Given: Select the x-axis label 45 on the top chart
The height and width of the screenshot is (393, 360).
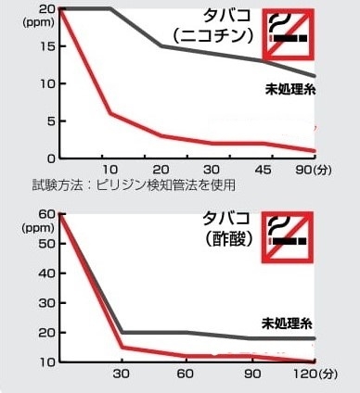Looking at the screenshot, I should pos(266,170).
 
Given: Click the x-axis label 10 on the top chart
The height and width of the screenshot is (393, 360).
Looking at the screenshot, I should pos(109,170).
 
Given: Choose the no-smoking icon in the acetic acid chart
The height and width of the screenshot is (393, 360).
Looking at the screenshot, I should pos(288,238).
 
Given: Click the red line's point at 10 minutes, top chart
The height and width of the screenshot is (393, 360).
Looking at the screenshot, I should pos(110,114).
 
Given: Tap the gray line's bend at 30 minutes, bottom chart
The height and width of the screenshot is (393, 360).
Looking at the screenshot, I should pos(122,332).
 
